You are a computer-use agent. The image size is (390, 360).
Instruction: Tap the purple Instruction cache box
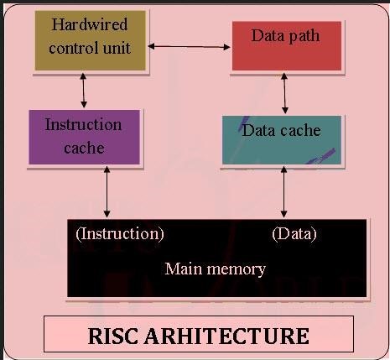click(x=83, y=136)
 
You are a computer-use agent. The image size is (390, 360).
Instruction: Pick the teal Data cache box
click(x=282, y=139)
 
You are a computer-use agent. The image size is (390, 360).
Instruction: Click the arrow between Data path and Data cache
click(x=285, y=93)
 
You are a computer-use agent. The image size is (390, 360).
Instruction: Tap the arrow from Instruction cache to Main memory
click(x=107, y=191)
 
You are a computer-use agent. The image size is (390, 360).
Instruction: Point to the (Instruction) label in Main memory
click(x=120, y=234)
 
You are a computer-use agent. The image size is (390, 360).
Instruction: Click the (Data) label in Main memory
click(x=294, y=234)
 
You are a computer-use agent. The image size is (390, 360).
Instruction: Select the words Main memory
click(x=215, y=269)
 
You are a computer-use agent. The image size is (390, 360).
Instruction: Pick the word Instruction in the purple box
click(x=83, y=124)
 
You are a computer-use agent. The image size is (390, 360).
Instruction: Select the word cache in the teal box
click(x=301, y=131)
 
